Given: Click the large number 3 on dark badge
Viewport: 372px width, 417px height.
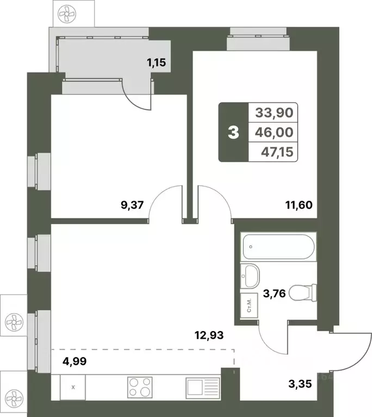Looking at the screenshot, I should click(233, 132).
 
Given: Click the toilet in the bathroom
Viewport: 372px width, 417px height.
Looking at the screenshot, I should click(302, 294).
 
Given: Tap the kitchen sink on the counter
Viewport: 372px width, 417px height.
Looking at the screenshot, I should click(202, 388).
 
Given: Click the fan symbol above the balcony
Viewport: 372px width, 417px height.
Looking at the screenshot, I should click(68, 13).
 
